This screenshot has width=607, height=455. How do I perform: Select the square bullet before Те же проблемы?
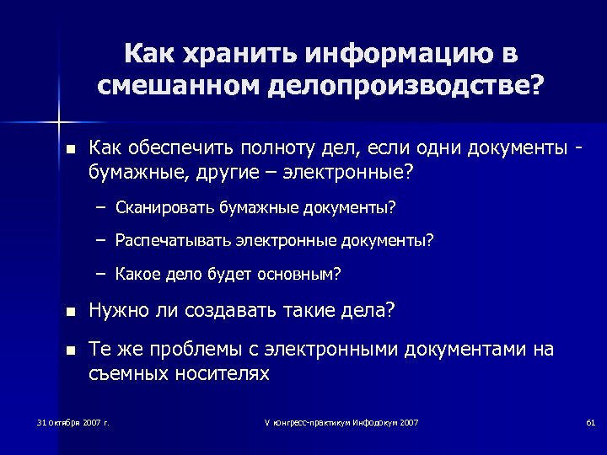pyautogui.click(x=70, y=350)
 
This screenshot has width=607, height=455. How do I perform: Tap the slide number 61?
pyautogui.click(x=590, y=421)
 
